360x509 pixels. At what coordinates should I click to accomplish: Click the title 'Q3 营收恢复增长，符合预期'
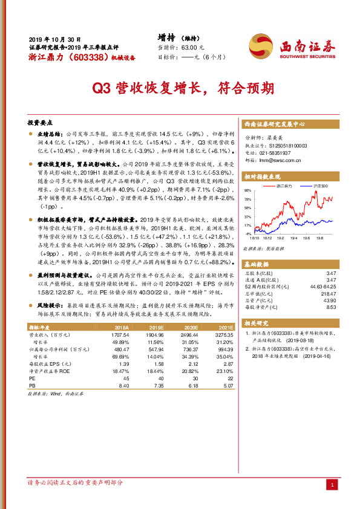[x=180, y=89]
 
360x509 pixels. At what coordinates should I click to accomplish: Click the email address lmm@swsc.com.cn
[x=281, y=161]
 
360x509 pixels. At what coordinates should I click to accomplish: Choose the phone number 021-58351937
[x=278, y=154]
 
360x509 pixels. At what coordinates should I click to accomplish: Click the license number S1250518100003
[x=284, y=146]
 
